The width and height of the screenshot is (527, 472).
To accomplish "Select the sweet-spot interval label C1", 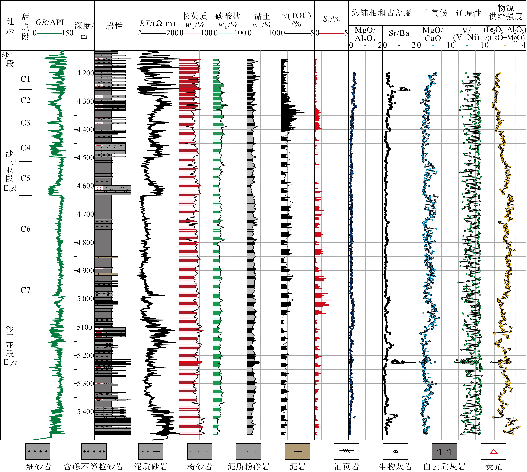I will (25, 79).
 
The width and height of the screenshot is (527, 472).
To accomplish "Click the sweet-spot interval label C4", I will (25, 148).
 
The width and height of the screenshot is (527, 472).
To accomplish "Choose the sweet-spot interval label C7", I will (25, 290).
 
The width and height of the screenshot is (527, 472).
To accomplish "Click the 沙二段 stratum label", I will (10, 59).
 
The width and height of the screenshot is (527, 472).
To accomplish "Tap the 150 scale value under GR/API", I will (68, 33).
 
